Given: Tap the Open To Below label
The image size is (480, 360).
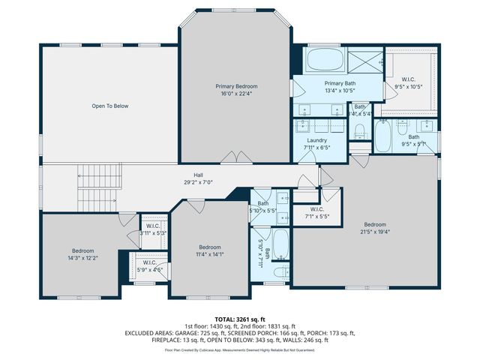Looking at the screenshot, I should tap(110, 106).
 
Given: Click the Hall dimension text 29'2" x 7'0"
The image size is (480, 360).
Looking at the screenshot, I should tap(199, 181).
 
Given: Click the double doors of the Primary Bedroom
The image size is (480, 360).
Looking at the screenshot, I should tap(237, 157).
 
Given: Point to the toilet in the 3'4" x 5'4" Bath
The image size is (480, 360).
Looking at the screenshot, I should tap(360, 133).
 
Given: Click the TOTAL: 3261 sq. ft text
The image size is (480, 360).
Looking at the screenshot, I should tap(240, 319).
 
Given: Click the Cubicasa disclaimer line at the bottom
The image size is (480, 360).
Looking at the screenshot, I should tap(240, 349).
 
